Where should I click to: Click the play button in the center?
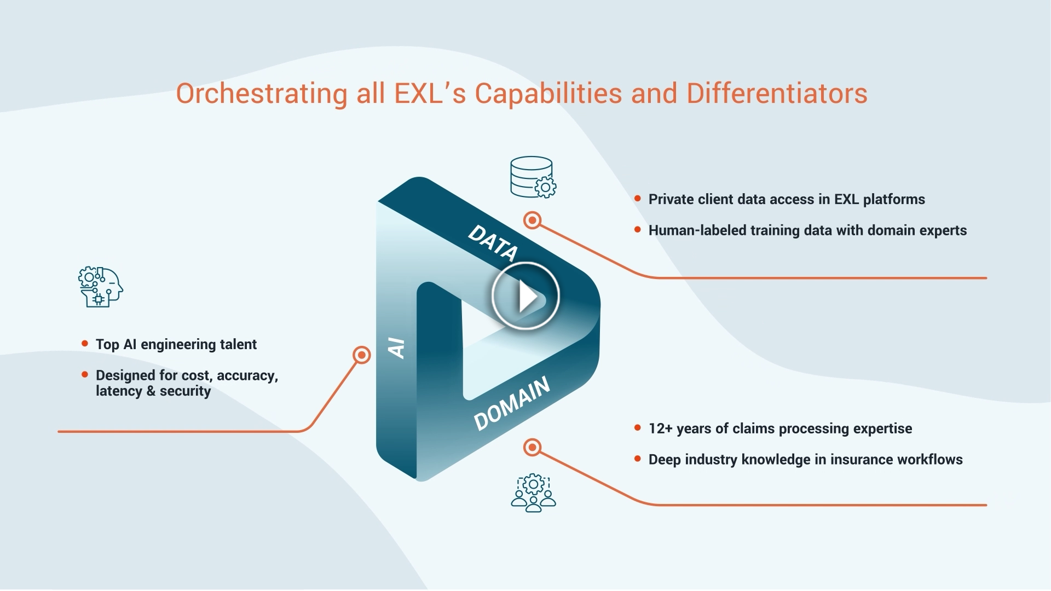click(525, 296)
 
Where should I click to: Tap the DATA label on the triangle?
click(493, 242)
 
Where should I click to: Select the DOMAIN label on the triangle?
click(512, 403)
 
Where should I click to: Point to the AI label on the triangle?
click(396, 347)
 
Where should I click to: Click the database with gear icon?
click(533, 177)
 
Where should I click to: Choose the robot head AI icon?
click(100, 287)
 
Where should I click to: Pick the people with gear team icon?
click(533, 493)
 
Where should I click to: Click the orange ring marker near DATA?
click(532, 221)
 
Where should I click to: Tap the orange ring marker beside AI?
click(361, 355)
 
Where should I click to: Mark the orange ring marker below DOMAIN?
click(532, 448)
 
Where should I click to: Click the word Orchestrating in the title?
click(262, 94)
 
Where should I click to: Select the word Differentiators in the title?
click(777, 94)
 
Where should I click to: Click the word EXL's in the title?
click(430, 94)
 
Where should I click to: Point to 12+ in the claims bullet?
click(660, 428)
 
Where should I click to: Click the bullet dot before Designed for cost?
click(84, 375)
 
